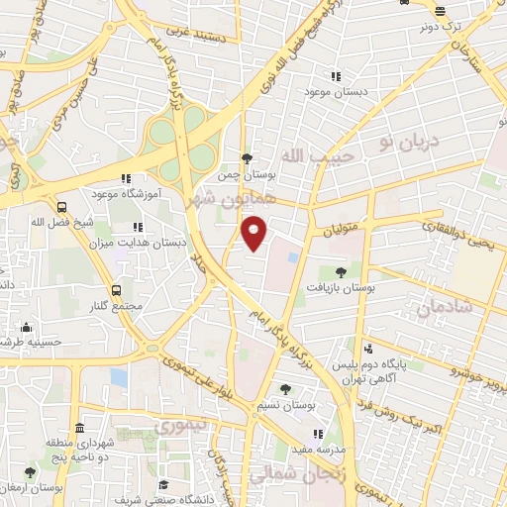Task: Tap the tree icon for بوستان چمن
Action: tap(248, 157)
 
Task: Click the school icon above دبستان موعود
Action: tap(336, 76)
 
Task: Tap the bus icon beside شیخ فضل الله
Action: tap(62, 208)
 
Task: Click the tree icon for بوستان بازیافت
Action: tap(342, 269)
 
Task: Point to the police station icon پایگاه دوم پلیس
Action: tap(367, 349)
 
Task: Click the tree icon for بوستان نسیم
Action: tap(284, 390)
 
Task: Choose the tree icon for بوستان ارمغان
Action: tap(31, 471)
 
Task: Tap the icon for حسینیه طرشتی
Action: tap(26, 328)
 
